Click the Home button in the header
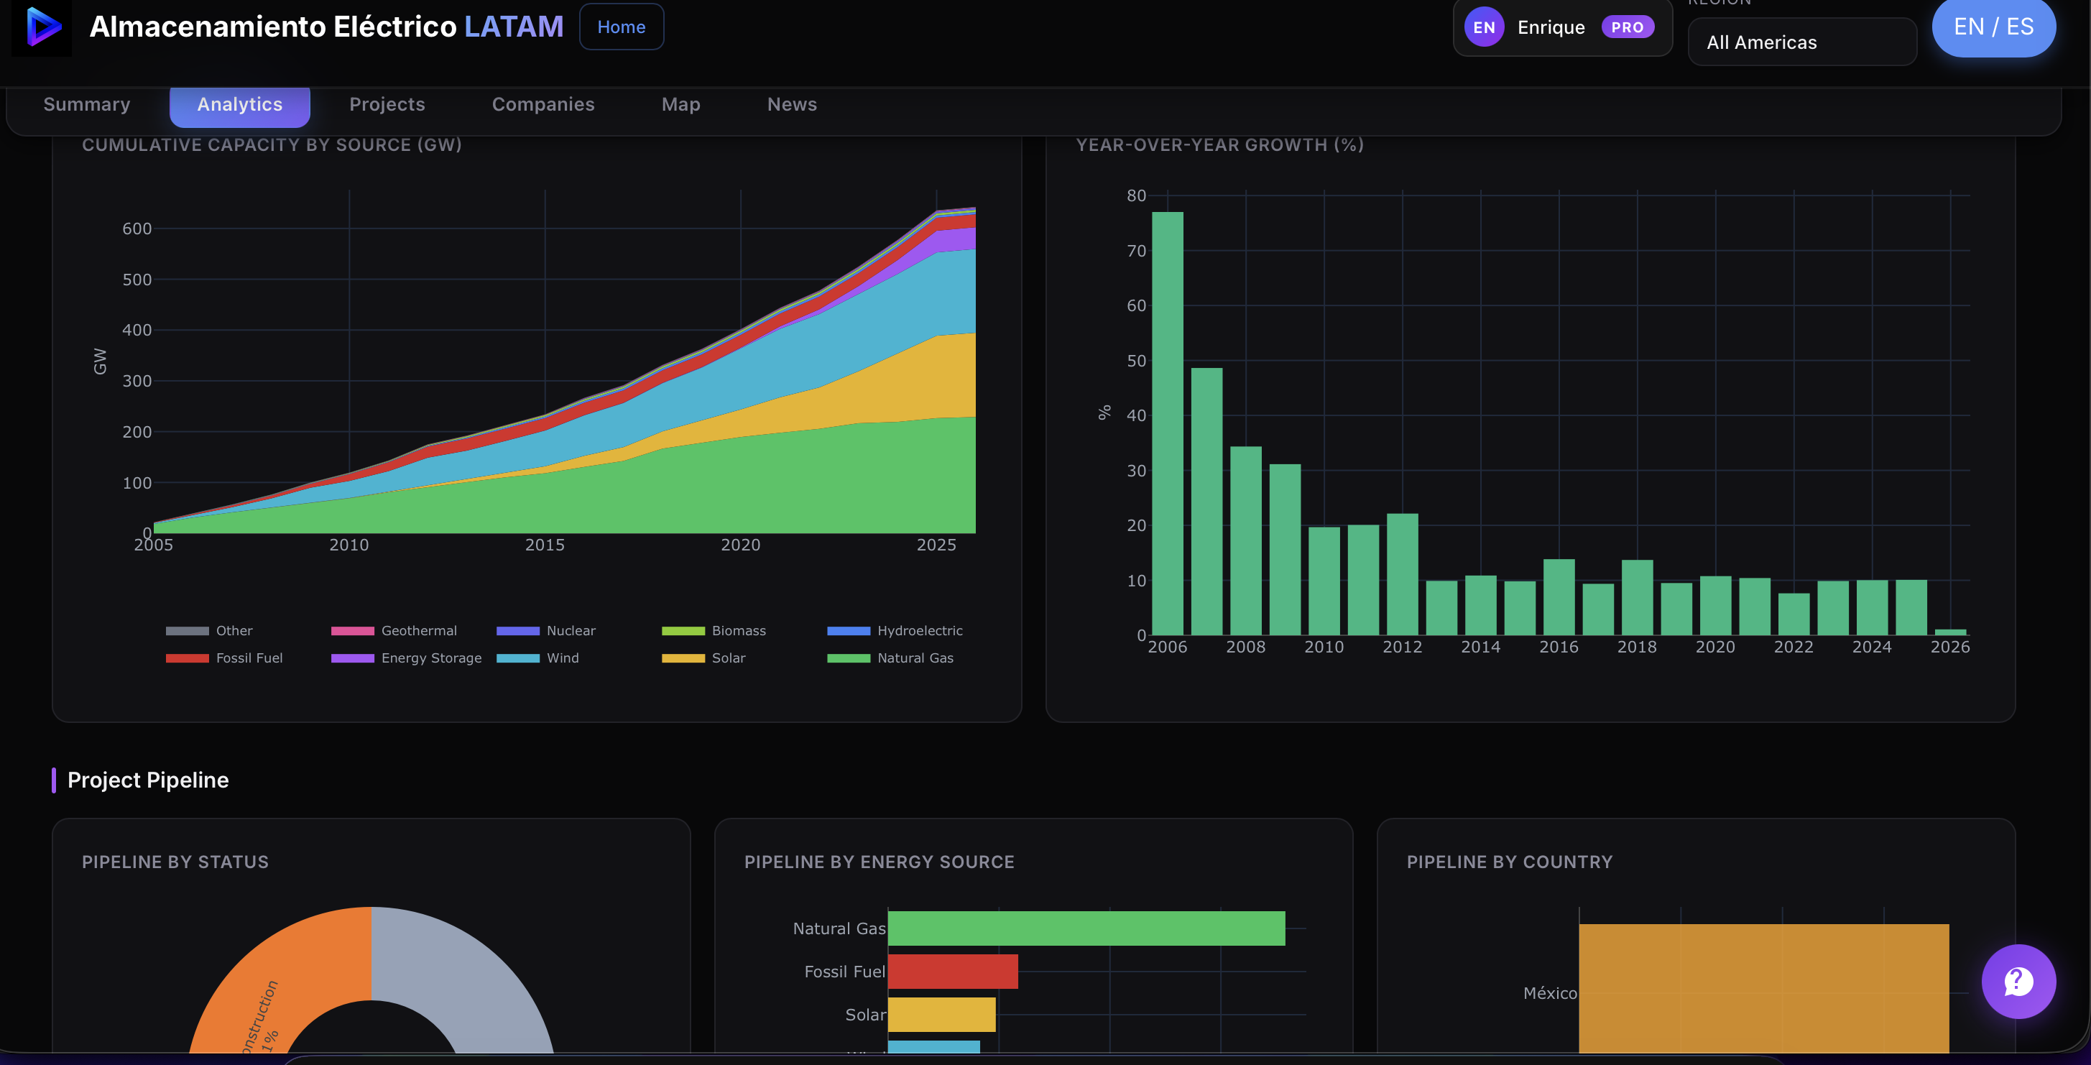pyautogui.click(x=621, y=27)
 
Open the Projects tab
pyautogui.click(x=387, y=105)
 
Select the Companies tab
pyautogui.click(x=543, y=105)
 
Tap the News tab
pyautogui.click(x=791, y=105)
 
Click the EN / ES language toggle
pyautogui.click(x=1993, y=27)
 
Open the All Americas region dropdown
pyautogui.click(x=1801, y=42)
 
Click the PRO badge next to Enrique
pyautogui.click(x=1627, y=27)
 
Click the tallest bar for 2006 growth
pyautogui.click(x=1167, y=422)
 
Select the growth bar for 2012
pyautogui.click(x=1402, y=574)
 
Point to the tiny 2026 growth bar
pyautogui.click(x=1949, y=632)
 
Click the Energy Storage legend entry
pyautogui.click(x=406, y=658)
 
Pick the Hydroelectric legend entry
pyautogui.click(x=895, y=631)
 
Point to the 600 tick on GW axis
pyautogui.click(x=137, y=229)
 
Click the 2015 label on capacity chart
pyautogui.click(x=545, y=545)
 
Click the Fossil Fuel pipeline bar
pyautogui.click(x=952, y=972)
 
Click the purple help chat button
pyautogui.click(x=2018, y=982)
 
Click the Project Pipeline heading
pyautogui.click(x=148, y=780)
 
